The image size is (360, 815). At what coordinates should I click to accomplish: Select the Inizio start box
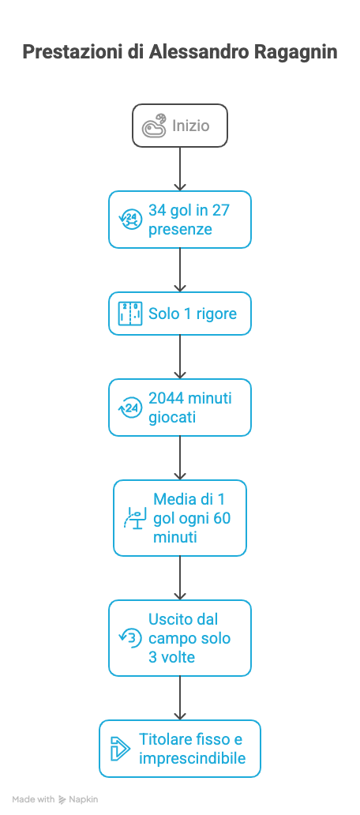[180, 126]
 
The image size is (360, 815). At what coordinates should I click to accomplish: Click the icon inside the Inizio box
[154, 126]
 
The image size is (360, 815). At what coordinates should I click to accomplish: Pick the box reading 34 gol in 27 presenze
[180, 220]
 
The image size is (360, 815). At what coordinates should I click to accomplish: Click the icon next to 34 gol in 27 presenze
[130, 220]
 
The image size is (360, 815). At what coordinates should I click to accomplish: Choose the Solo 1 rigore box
[180, 314]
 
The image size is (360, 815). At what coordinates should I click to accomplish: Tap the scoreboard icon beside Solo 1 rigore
[130, 314]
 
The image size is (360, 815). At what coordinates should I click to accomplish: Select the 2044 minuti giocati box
[180, 407]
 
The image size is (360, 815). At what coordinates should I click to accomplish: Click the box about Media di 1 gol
[180, 518]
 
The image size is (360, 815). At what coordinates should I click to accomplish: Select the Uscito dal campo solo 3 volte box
[180, 638]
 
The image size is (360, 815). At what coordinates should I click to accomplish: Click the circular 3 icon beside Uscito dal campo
[130, 638]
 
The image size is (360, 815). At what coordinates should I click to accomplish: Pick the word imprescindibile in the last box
[192, 758]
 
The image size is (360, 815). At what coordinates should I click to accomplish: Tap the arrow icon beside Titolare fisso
[121, 749]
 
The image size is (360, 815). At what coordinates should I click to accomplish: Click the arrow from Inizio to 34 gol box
[180, 169]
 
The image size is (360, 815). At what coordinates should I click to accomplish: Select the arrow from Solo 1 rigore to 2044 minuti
[180, 357]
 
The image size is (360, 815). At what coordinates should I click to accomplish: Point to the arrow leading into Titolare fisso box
[180, 698]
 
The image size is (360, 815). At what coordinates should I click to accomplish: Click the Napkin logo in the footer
[78, 799]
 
